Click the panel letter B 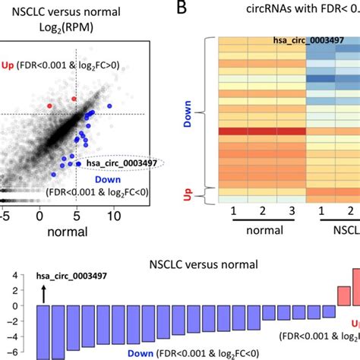[183, 9]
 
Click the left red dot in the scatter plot [50, 106]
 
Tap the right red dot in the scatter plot [74, 99]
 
